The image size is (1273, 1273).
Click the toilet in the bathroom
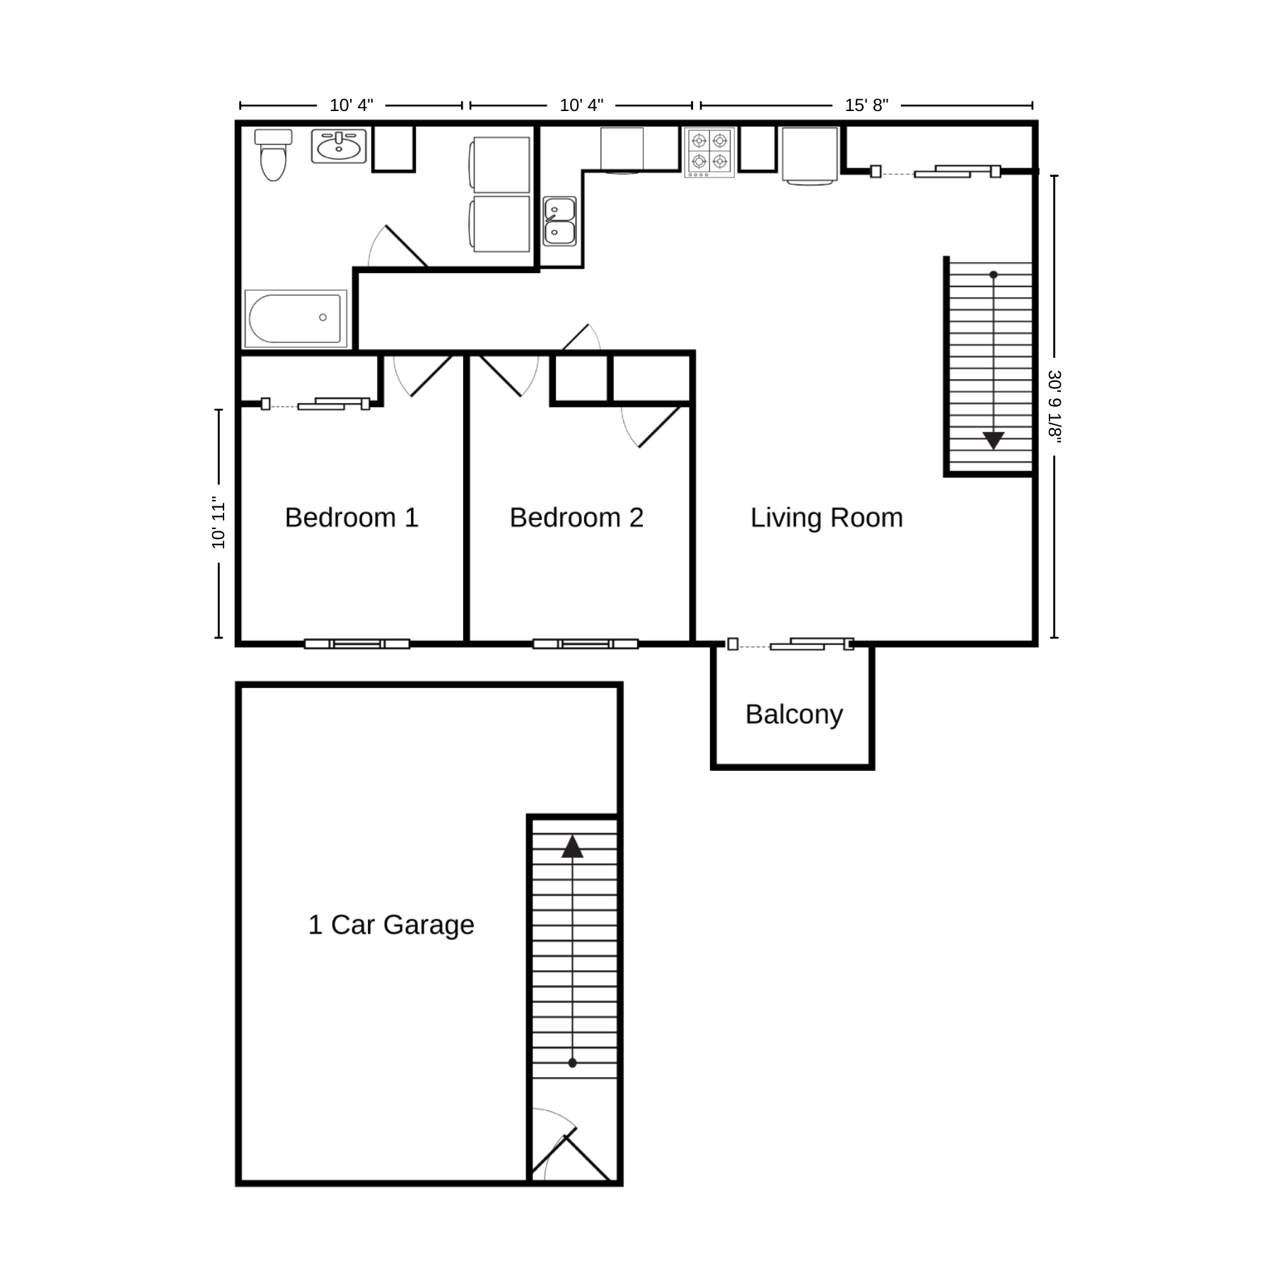pos(273,155)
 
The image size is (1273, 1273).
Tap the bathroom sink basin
pos(339,146)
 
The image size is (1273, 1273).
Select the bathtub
pos(296,318)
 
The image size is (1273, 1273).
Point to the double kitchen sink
pos(559,221)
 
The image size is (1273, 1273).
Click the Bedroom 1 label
pos(351,518)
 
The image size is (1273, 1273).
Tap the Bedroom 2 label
pos(576,518)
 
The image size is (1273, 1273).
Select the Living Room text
pos(827,518)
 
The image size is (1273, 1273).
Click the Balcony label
pos(794,715)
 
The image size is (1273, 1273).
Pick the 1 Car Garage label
pos(391,925)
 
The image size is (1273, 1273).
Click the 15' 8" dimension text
pos(866,105)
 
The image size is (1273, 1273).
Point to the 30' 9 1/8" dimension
pos(1054,407)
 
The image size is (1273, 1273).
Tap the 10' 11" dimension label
pos(219,523)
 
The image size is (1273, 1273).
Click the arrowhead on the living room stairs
pos(994,441)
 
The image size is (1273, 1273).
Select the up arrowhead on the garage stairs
pos(572,847)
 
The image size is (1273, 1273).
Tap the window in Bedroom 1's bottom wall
pos(357,644)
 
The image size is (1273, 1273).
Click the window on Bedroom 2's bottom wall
pos(586,644)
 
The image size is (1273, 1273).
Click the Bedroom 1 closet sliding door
pos(315,404)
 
